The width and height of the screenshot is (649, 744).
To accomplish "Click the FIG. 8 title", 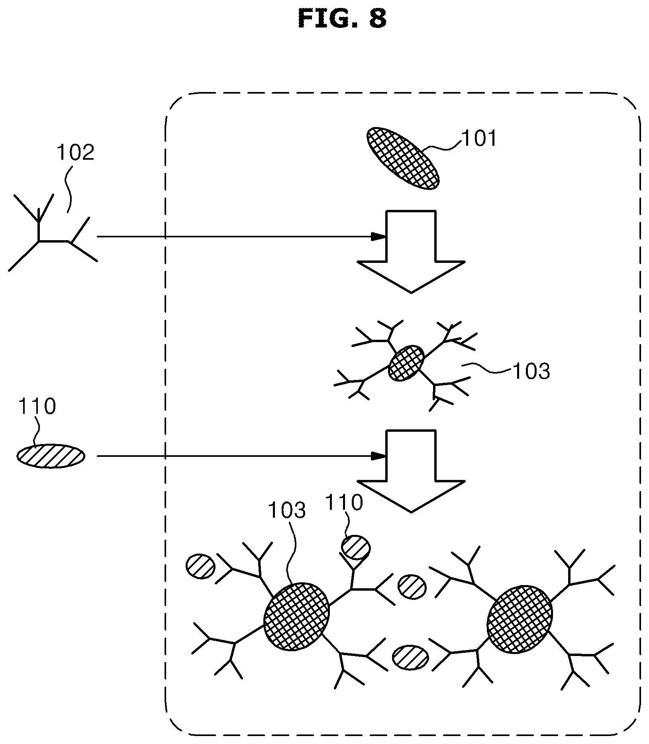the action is [x=342, y=19].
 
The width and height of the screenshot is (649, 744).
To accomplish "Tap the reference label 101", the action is [x=479, y=139].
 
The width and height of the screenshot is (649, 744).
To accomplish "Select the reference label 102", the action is [x=76, y=153].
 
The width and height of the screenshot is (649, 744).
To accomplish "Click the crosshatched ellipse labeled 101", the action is [x=403, y=158].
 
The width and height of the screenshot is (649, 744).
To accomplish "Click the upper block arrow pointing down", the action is [x=411, y=251].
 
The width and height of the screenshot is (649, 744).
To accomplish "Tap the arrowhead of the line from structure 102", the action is [x=379, y=237].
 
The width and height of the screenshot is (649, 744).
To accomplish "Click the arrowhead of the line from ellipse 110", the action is [x=379, y=456].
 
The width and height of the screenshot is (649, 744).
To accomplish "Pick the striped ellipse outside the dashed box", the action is [x=51, y=456].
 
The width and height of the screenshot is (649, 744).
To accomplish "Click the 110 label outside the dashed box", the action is [x=37, y=407].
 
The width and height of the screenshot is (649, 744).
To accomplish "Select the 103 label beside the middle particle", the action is [x=531, y=371].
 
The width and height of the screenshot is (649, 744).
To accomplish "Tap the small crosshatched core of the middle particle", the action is [x=406, y=363].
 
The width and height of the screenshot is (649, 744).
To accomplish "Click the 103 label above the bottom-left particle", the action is [x=287, y=510].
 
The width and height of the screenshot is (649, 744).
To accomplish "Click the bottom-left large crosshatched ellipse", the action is [x=297, y=617].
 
